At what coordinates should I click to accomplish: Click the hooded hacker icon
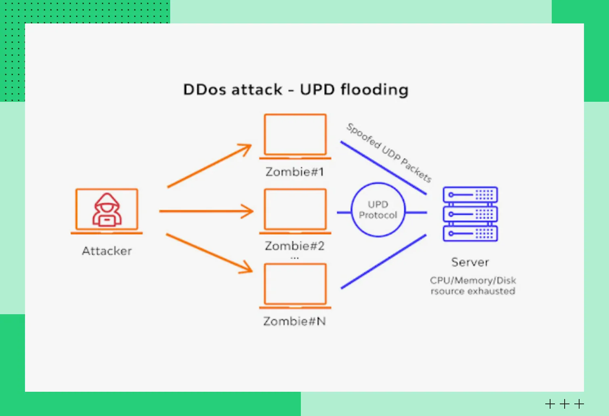(107, 210)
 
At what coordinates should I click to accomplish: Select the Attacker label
(107, 251)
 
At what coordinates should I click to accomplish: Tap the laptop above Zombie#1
(295, 135)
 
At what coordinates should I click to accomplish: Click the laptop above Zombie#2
(295, 210)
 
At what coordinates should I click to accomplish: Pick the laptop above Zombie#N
(295, 285)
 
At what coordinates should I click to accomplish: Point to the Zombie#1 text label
(295, 172)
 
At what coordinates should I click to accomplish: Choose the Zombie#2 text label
(295, 246)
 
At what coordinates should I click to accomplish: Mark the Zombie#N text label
(295, 321)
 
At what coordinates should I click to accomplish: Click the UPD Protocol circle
(378, 210)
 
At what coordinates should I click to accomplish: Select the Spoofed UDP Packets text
(389, 153)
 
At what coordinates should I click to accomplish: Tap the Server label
(470, 263)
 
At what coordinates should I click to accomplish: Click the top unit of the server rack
(470, 195)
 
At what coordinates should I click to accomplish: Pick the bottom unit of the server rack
(470, 233)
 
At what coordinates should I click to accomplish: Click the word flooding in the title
(375, 90)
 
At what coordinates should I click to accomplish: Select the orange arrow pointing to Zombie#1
(209, 166)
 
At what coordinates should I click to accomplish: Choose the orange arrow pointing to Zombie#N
(209, 253)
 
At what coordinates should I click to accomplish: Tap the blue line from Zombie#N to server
(383, 262)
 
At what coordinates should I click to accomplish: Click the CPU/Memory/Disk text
(473, 281)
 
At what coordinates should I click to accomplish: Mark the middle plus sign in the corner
(565, 404)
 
